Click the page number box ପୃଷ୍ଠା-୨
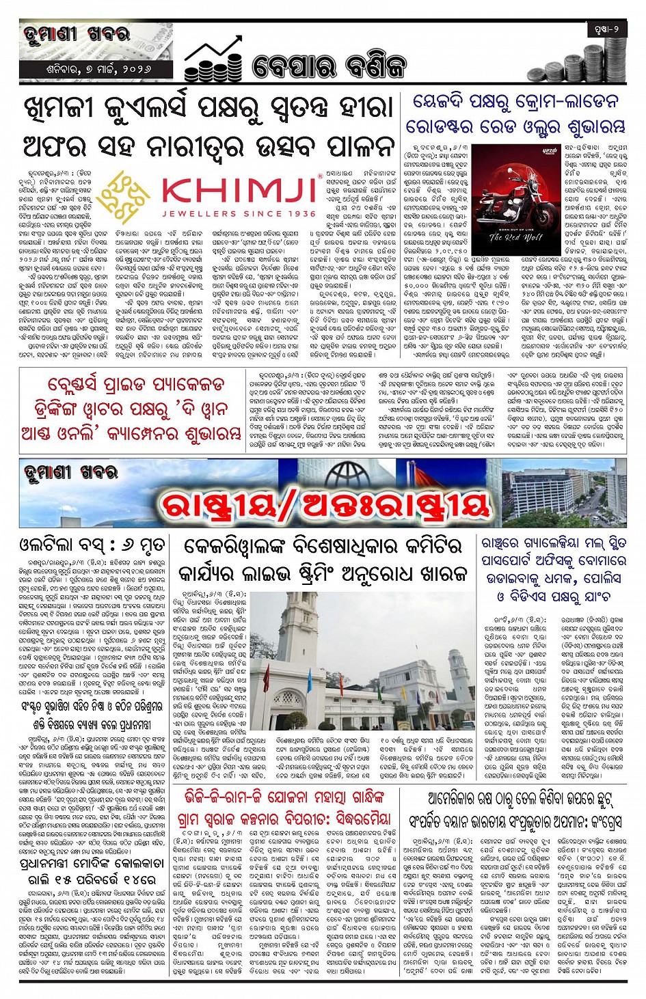(606, 29)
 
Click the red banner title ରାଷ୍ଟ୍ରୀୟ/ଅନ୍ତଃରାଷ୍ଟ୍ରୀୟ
(324, 505)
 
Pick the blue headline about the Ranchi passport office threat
(554, 569)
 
